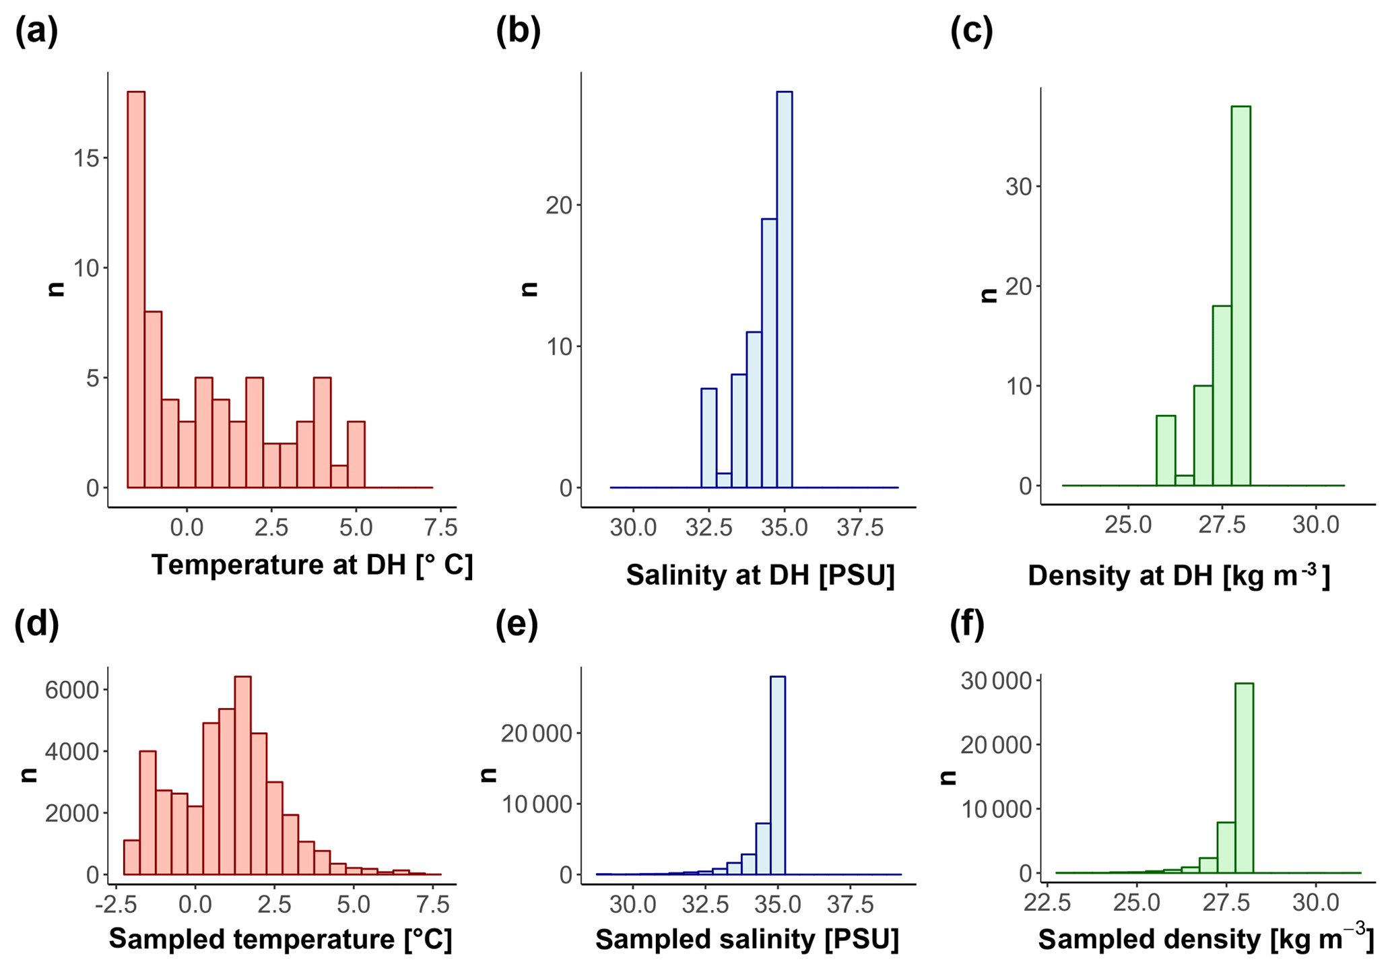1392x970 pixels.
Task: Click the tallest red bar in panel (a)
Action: coord(136,290)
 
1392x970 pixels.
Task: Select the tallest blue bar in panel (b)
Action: coord(785,290)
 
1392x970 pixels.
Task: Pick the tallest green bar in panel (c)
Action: coord(1240,296)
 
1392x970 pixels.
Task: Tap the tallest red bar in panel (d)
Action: coord(242,775)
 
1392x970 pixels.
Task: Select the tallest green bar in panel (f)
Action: coord(1244,778)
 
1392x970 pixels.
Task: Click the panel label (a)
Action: coord(36,31)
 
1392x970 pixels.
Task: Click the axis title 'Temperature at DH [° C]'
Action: coord(312,564)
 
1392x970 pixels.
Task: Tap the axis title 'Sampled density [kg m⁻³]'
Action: coord(1205,939)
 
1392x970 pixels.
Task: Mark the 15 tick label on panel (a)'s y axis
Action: coord(85,158)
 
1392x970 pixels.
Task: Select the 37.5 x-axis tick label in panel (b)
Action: coord(860,527)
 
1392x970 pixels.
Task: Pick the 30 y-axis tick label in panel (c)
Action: coord(1019,187)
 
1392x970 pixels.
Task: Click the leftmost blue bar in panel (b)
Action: coord(709,438)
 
